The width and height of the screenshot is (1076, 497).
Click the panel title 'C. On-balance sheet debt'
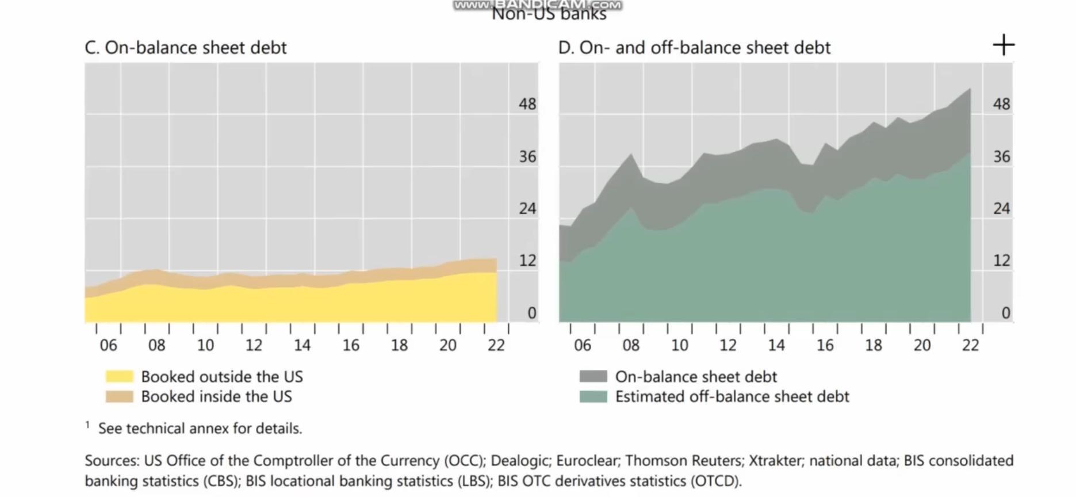click(x=185, y=48)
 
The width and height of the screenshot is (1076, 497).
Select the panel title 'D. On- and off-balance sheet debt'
click(x=694, y=48)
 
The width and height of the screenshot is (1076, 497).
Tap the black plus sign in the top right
click(x=1004, y=45)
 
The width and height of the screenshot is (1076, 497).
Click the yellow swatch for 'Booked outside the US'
click(x=119, y=377)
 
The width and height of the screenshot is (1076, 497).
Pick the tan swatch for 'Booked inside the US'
click(x=119, y=396)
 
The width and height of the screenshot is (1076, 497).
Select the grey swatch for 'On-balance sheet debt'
click(x=593, y=377)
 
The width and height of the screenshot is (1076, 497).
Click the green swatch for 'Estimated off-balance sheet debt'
click(x=593, y=396)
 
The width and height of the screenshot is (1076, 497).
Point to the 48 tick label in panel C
click(x=527, y=104)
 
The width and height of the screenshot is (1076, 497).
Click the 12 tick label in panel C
click(x=527, y=261)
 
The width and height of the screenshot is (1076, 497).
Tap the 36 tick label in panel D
click(x=1001, y=156)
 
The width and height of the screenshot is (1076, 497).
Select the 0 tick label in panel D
click(x=1005, y=313)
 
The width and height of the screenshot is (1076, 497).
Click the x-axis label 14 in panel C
click(x=302, y=345)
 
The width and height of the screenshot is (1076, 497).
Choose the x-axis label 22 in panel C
click(x=496, y=345)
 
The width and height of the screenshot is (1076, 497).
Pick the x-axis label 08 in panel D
click(x=630, y=345)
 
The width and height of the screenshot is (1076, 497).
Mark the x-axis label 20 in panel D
click(x=922, y=345)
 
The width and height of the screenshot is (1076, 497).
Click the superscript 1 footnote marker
click(x=87, y=425)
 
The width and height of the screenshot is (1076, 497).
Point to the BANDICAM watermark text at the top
click(x=537, y=5)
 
